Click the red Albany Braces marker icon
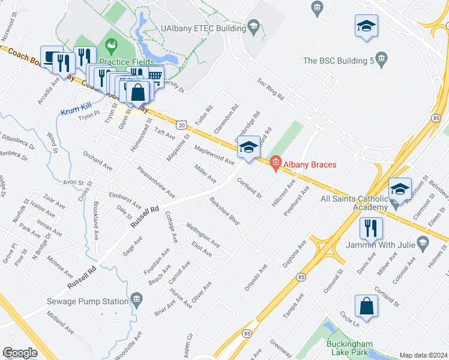point(276,163)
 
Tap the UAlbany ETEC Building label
point(202,28)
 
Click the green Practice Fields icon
point(110,45)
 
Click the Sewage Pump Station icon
point(137,298)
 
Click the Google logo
point(20,352)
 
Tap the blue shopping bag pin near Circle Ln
point(366,306)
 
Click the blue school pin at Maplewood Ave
point(249,146)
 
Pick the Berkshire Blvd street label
point(224,211)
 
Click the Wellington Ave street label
point(202,234)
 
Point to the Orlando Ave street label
point(255,277)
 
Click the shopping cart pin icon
point(155,76)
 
